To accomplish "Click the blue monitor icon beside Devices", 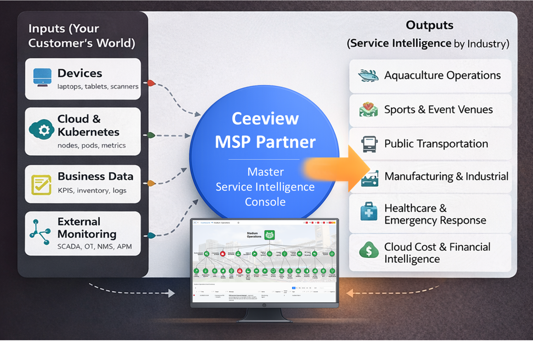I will (x=42, y=77).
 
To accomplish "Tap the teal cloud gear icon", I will (x=42, y=129).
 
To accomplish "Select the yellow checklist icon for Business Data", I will (x=41, y=184).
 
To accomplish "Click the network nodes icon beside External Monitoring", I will (x=40, y=232).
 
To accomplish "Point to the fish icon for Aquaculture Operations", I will (x=368, y=75).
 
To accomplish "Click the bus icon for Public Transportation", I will (x=369, y=144).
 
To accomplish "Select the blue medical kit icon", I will (x=369, y=212).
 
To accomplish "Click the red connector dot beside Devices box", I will (x=151, y=83).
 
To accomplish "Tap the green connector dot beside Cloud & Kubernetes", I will (x=151, y=135).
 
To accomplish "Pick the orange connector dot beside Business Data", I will (x=151, y=183).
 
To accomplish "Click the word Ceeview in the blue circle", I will (x=265, y=118).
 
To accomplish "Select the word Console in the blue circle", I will (x=265, y=202).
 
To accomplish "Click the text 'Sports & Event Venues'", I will (x=438, y=109).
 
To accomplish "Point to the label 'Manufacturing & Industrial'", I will (x=446, y=176).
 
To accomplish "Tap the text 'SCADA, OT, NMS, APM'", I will (x=94, y=247).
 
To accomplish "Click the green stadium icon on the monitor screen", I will (x=269, y=235).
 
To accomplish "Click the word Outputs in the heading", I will (x=429, y=25).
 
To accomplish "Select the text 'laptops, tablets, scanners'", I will (x=98, y=86).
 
